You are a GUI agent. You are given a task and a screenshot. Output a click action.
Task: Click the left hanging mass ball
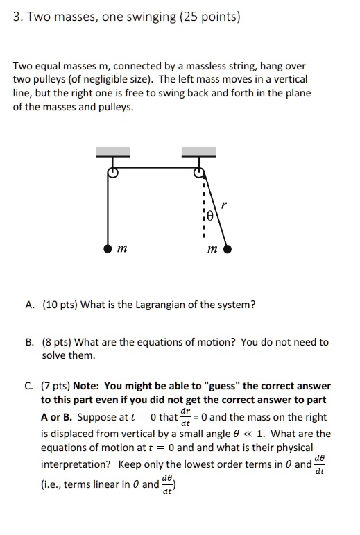pos(107,248)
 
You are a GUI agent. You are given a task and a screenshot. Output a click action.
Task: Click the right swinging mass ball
pos(228,248)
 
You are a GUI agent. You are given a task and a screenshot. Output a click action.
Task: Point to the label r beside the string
pos(223,205)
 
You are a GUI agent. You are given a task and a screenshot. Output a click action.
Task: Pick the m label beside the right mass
pos(212,249)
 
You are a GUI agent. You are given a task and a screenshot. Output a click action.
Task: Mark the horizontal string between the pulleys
pos(155,167)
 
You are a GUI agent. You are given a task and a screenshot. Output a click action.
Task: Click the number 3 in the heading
pos(16,17)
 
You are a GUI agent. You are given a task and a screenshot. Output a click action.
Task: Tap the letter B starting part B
pos(30,342)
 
